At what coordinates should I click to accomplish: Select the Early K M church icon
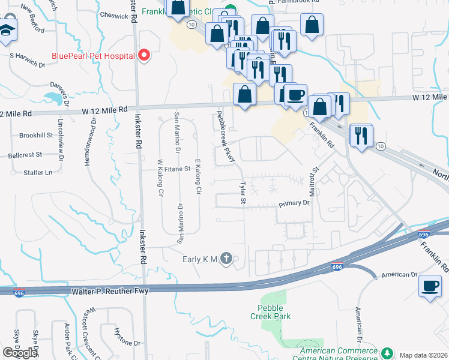pyautogui.click(x=226, y=259)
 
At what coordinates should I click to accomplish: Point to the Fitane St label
pyautogui.click(x=178, y=169)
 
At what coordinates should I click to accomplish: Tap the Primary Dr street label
pyautogui.click(x=294, y=203)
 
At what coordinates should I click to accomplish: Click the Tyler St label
pyautogui.click(x=243, y=193)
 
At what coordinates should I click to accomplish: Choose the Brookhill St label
pyautogui.click(x=37, y=136)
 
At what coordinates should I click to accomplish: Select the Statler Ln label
pyautogui.click(x=37, y=172)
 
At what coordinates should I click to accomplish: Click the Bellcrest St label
pyautogui.click(x=26, y=154)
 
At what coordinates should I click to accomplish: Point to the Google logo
pyautogui.click(x=20, y=353)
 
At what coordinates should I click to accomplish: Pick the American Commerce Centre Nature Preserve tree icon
pyautogui.click(x=387, y=352)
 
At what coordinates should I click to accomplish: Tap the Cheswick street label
pyautogui.click(x=114, y=16)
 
